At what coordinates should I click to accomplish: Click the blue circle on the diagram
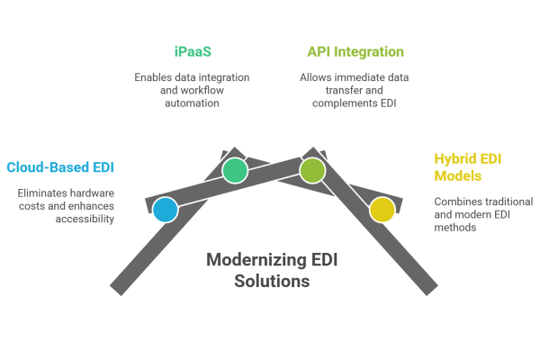tap(165, 210)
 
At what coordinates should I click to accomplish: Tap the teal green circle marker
tap(235, 170)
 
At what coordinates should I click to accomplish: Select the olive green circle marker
tap(312, 170)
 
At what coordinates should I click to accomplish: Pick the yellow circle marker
tap(382, 210)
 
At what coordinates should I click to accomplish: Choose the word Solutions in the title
tap(273, 282)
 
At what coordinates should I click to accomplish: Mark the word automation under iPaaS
tap(192, 104)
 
